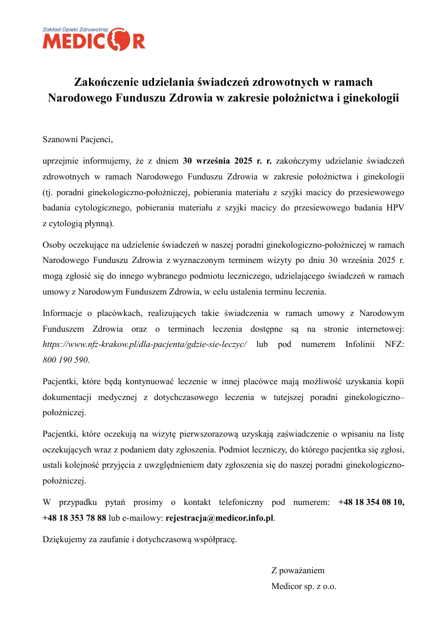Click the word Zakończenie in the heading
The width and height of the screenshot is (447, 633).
[107, 82]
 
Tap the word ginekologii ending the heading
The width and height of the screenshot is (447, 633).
[370, 97]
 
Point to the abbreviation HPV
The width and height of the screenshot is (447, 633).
[395, 208]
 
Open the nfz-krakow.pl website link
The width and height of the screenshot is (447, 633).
[145, 344]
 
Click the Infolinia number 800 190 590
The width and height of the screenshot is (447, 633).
[65, 359]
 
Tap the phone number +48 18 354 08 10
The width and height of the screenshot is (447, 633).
[371, 502]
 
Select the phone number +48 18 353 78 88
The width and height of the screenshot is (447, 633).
[74, 517]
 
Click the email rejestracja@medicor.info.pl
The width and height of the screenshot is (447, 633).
[219, 517]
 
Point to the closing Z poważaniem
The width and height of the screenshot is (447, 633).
[298, 570]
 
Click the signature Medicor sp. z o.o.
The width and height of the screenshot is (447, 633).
[304, 586]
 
